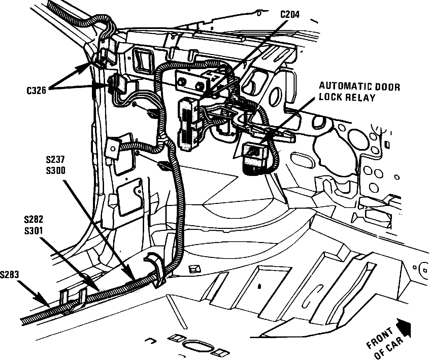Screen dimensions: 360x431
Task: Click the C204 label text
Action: [x=290, y=14]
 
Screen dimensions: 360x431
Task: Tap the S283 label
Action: [x=9, y=275]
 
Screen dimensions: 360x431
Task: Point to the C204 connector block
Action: [x=188, y=123]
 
